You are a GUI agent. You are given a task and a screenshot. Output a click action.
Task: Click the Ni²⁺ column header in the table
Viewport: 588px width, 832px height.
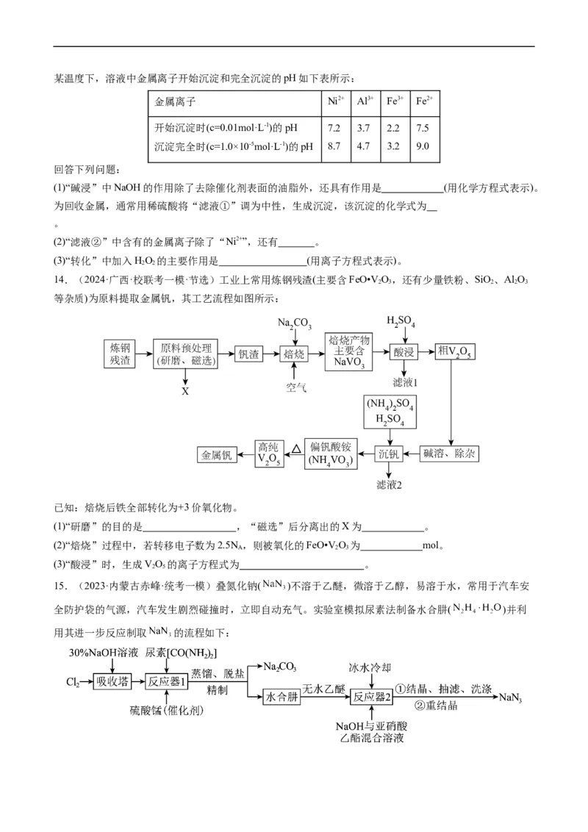click(333, 101)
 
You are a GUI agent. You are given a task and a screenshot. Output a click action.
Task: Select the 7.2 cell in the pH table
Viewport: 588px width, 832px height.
click(333, 128)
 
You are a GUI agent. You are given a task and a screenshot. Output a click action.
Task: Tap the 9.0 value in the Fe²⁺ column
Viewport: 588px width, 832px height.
click(423, 146)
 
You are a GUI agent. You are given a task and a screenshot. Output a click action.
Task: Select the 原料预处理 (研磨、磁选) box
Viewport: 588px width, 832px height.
click(185, 354)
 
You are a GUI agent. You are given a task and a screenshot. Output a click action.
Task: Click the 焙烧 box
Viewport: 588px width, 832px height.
click(294, 354)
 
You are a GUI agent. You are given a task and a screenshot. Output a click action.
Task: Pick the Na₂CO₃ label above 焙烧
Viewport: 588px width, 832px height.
click(294, 323)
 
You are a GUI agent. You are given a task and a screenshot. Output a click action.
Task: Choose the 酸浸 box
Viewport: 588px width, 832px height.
click(404, 354)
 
